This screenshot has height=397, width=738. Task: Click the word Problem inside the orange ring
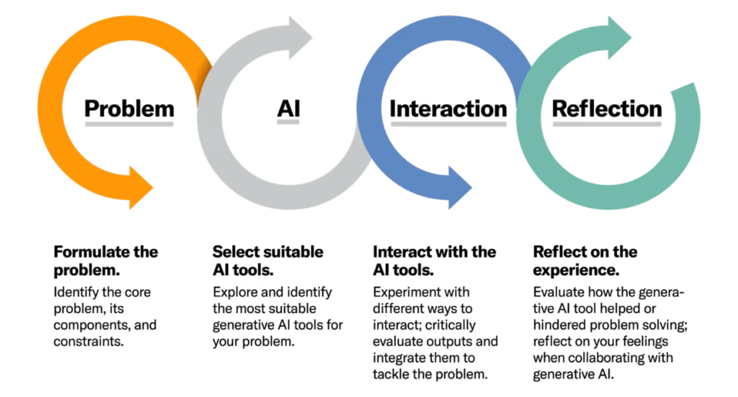[x=129, y=109]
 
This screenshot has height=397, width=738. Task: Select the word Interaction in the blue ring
[x=448, y=109]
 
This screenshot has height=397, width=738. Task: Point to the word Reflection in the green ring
[x=607, y=109]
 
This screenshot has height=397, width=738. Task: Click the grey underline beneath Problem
[x=129, y=124]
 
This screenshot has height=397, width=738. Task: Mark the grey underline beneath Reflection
[x=607, y=124]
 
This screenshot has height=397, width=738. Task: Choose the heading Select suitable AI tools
[x=267, y=261]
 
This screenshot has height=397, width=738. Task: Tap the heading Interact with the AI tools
[x=434, y=261]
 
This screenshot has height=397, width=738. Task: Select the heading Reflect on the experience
[x=585, y=261]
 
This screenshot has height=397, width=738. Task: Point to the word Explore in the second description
[x=234, y=292]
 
